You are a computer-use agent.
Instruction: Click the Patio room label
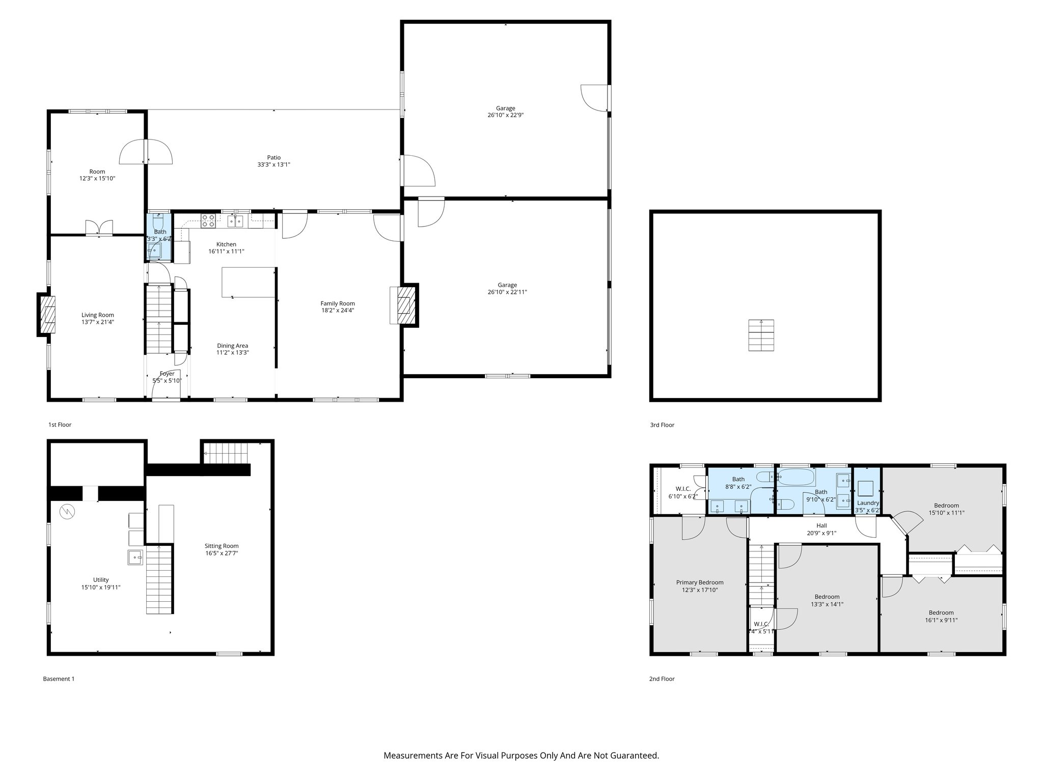pyautogui.click(x=273, y=157)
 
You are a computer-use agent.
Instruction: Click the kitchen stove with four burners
pyautogui.click(x=208, y=220)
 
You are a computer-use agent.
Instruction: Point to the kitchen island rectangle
pyautogui.click(x=249, y=282)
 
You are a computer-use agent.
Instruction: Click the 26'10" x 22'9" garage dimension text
pyautogui.click(x=505, y=115)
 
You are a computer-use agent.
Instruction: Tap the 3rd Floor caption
pyautogui.click(x=662, y=425)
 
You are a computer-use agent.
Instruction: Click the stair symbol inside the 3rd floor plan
pyautogui.click(x=761, y=335)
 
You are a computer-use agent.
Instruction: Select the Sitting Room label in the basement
pyautogui.click(x=222, y=546)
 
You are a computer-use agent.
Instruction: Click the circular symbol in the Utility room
pyautogui.click(x=67, y=512)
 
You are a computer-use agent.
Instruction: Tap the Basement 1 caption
pyautogui.click(x=59, y=679)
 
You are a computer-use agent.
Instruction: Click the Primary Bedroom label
pyautogui.click(x=699, y=582)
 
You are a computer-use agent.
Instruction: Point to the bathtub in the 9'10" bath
pyautogui.click(x=797, y=478)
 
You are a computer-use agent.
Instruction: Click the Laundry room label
pyautogui.click(x=868, y=503)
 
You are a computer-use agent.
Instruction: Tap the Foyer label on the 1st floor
pyautogui.click(x=167, y=374)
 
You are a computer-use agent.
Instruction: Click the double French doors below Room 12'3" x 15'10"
pyautogui.click(x=99, y=228)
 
